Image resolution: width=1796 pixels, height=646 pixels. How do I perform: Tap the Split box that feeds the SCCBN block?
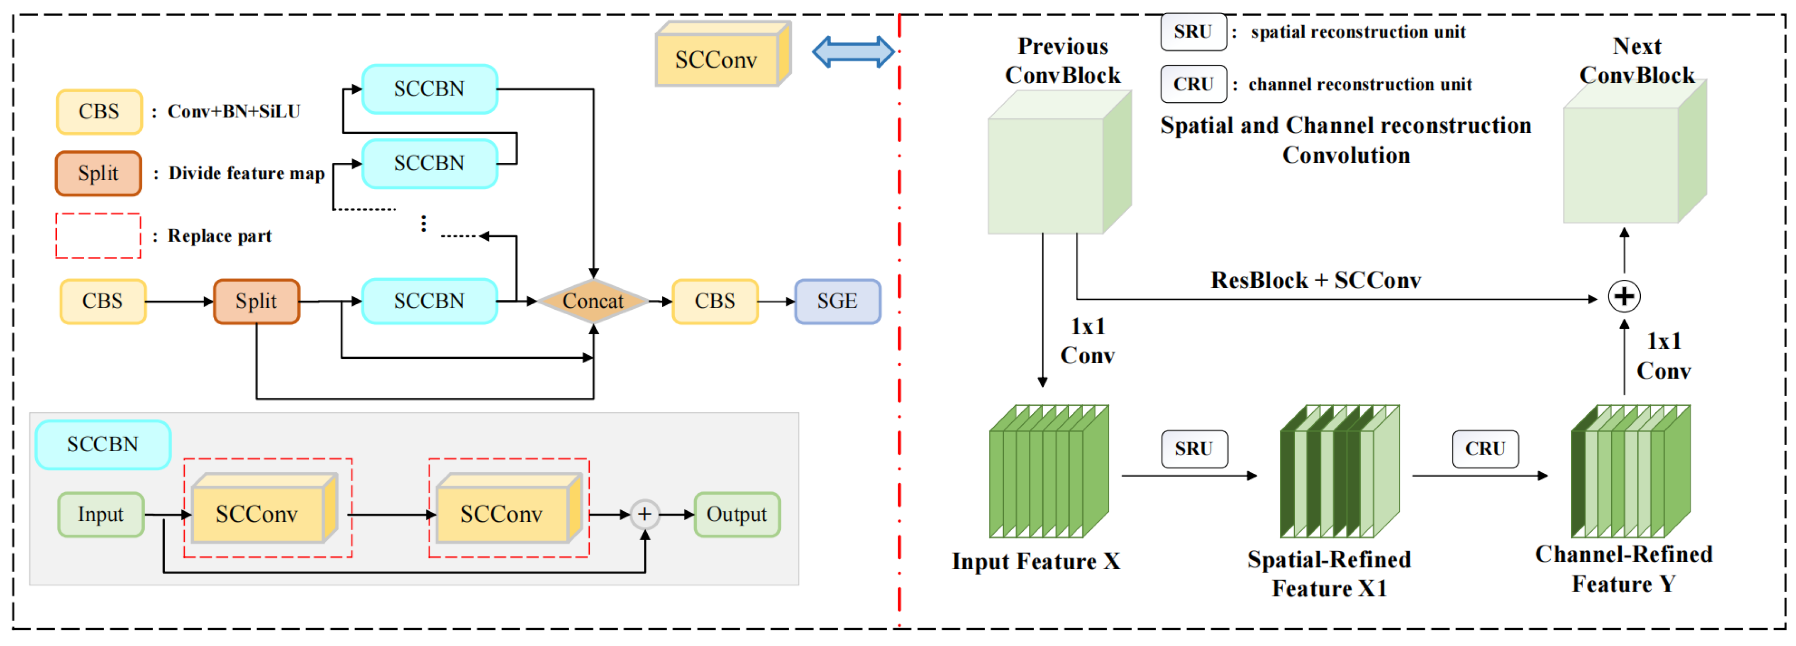(256, 301)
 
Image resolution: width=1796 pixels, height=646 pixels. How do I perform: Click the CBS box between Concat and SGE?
(715, 301)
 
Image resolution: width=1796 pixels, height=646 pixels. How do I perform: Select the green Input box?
(100, 514)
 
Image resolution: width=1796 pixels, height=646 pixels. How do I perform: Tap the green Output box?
(736, 514)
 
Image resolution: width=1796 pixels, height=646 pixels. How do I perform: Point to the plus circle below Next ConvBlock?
(1624, 296)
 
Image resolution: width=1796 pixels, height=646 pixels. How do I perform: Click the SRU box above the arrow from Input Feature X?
(1193, 448)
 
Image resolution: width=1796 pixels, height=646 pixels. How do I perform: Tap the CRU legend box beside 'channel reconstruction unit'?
(1193, 84)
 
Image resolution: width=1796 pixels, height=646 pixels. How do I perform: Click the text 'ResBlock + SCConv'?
(1315, 280)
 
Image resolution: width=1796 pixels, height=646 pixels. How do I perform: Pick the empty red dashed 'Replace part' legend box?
(98, 236)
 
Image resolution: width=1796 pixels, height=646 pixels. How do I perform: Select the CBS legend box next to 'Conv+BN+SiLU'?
(99, 112)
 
